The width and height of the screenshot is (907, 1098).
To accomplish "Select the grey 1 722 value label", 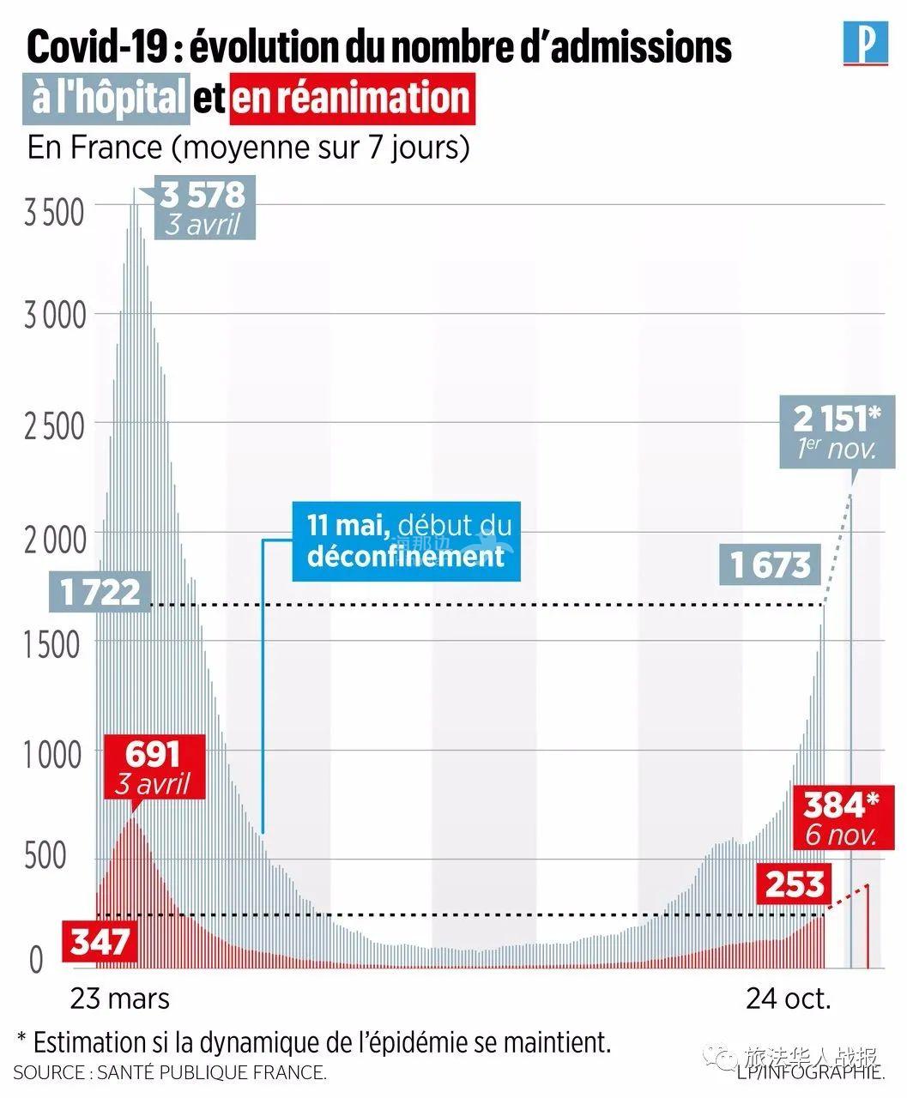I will pos(101,592).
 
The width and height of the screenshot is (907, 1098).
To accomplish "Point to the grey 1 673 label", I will pos(770,564).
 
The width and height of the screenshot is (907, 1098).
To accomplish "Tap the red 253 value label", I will pos(795,884).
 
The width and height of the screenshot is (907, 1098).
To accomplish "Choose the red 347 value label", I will pos(100,941).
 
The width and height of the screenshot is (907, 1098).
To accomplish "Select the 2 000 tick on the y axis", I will pos(54,540).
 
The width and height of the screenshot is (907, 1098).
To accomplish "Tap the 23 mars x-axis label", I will pos(120,998).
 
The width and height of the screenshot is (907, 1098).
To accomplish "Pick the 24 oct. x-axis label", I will pos(788,998).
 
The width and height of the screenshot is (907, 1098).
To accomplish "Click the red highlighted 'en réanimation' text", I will pos(352,97).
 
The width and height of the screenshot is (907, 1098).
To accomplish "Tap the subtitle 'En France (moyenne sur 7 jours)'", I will pos(249,147).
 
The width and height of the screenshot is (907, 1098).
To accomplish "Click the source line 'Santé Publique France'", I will pos(170,1072).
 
